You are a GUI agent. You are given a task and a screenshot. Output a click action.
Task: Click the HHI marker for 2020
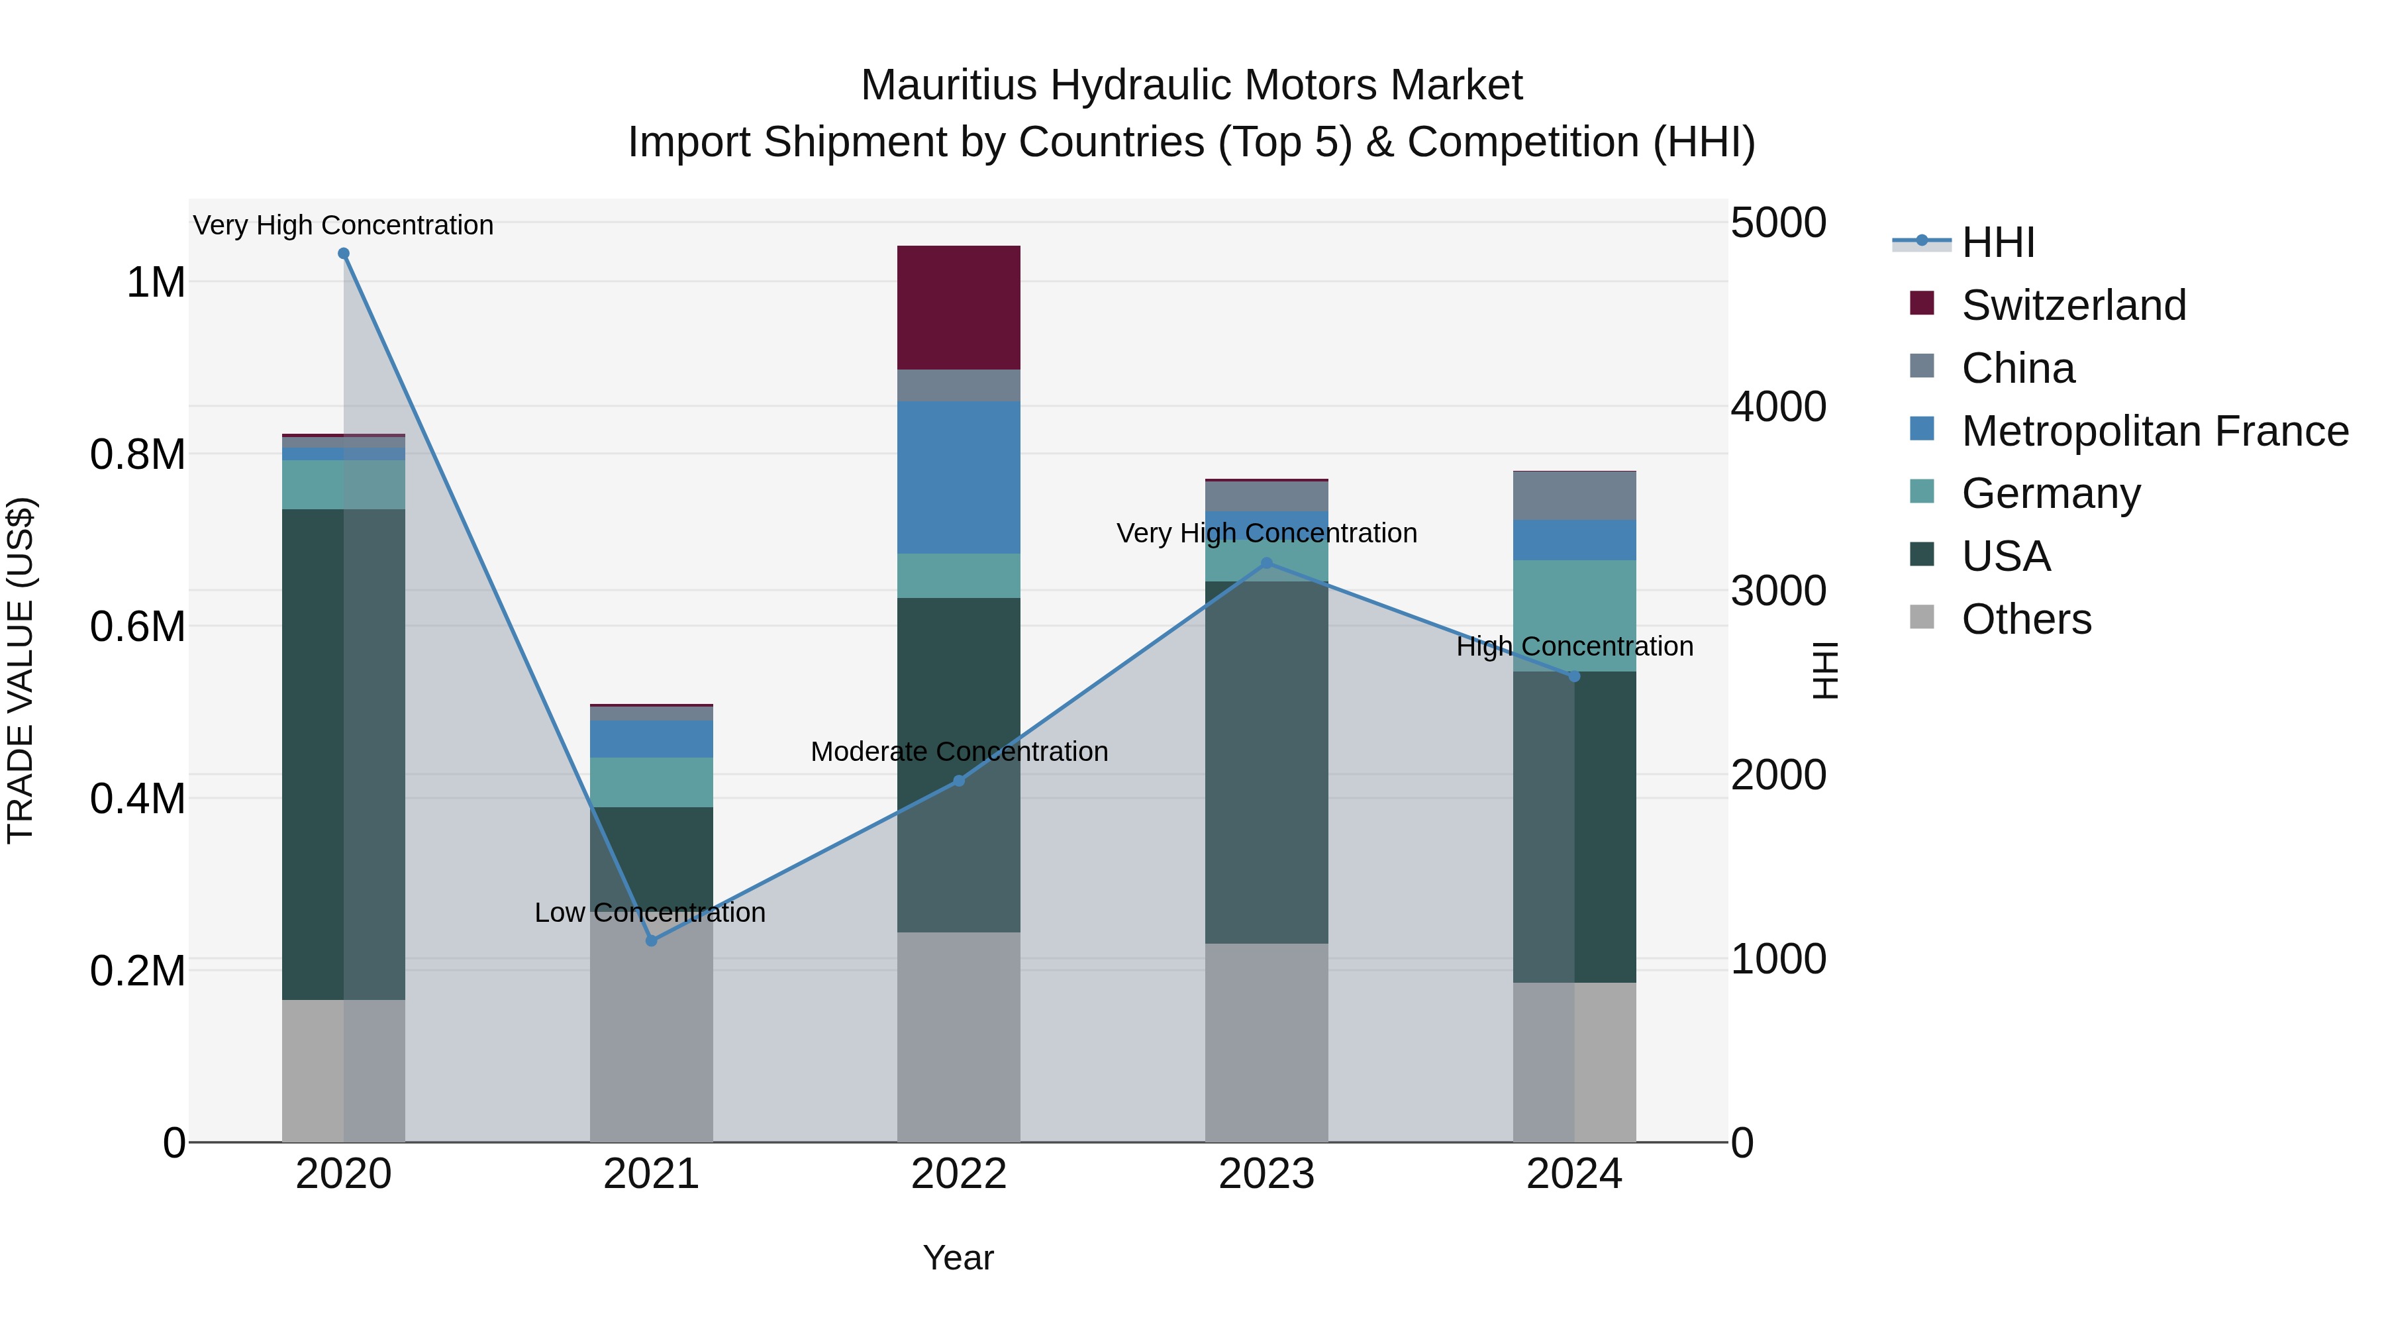tap(343, 254)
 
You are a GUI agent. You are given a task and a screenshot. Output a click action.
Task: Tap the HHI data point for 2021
tap(652, 940)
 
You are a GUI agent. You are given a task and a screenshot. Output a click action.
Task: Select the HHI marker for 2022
tap(959, 780)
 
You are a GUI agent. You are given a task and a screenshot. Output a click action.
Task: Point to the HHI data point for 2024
tap(1574, 677)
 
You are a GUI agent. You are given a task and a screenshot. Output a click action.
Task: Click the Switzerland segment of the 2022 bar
tap(959, 307)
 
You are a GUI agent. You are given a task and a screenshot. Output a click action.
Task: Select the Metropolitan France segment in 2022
tap(959, 477)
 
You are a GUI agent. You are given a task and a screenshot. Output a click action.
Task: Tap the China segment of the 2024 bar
tap(1574, 496)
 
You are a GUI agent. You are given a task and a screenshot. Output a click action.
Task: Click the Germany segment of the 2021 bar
tap(652, 782)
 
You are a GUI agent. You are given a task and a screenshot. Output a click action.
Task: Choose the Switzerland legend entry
tap(2073, 305)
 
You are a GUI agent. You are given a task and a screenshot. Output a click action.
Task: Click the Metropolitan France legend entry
tap(2154, 431)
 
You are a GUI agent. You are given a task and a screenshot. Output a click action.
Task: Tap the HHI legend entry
tap(1997, 242)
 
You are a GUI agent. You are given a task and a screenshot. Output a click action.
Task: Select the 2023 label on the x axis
tap(1266, 1174)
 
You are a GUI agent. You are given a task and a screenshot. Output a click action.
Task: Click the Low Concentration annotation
tap(650, 913)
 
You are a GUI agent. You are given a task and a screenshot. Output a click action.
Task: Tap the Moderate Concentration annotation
tap(959, 752)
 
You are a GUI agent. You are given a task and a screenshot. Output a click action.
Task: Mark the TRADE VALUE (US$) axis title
tap(21, 670)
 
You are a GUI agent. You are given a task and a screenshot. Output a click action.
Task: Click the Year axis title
tap(958, 1258)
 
